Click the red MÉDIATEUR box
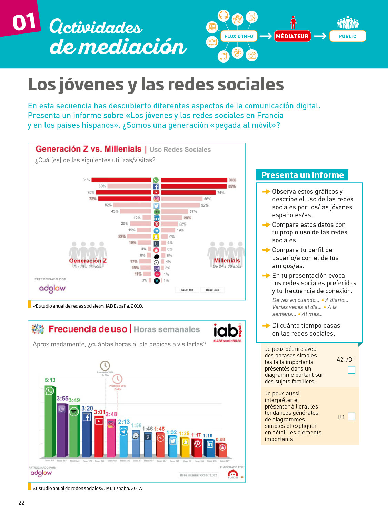292,36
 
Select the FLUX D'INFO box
239,36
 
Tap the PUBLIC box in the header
347,36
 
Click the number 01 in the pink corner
24,22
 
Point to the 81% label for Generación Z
86,180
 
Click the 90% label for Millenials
232,180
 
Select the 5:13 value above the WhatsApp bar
50,380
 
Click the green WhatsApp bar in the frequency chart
50,425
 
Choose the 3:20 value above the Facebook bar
87,408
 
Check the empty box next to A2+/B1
351,370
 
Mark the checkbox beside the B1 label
351,416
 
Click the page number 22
21,503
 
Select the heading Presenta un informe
302,175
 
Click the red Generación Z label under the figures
88,261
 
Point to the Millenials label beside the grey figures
227,261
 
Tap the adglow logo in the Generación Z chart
52,288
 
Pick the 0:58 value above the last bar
220,439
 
